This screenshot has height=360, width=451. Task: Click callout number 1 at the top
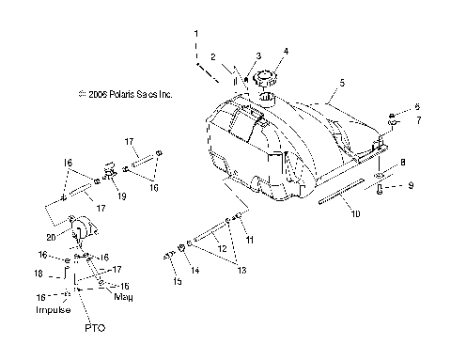[196, 34]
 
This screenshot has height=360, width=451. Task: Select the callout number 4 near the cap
[287, 52]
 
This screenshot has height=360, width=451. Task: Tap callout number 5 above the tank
[341, 84]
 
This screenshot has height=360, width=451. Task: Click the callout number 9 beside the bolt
[411, 185]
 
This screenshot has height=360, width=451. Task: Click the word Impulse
[54, 309]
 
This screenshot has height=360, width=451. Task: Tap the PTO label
[94, 329]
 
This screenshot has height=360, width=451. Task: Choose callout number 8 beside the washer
[403, 163]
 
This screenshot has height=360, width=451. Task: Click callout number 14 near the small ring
[196, 271]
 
